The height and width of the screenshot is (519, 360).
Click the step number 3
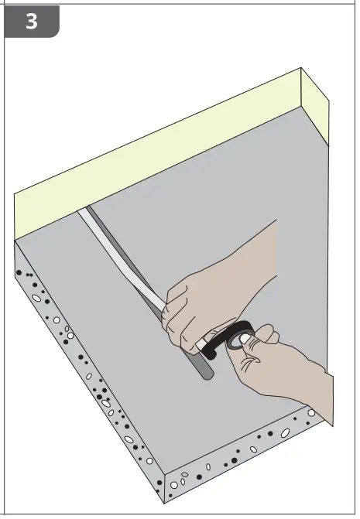point(31,21)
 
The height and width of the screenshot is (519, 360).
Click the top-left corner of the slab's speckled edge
point(16,242)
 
